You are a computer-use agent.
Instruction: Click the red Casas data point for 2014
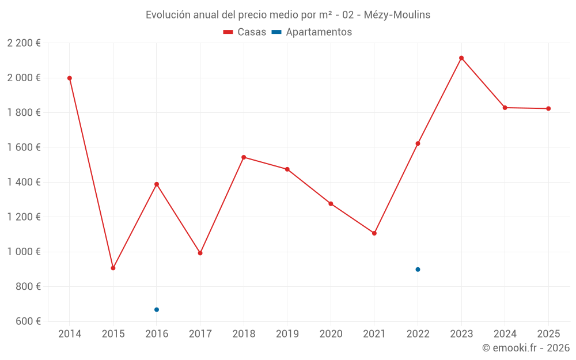tap(70, 78)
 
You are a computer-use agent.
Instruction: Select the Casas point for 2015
tap(113, 268)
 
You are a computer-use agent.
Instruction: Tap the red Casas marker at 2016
tap(157, 184)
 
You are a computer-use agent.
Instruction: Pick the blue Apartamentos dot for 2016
tap(157, 310)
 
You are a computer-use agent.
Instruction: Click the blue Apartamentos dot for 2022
tap(418, 270)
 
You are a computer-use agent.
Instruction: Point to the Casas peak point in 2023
tap(461, 58)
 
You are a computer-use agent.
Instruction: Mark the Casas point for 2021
tap(374, 233)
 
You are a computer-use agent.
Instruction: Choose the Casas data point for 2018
tap(244, 157)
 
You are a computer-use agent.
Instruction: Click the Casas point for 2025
tap(548, 108)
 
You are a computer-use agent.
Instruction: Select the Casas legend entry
tap(245, 32)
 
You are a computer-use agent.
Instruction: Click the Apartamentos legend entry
tap(312, 32)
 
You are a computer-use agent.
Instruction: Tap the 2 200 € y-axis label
tap(24, 43)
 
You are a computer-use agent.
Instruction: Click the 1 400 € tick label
tap(24, 182)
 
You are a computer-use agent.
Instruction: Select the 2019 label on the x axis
tap(287, 334)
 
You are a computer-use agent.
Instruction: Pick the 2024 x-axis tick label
tap(505, 334)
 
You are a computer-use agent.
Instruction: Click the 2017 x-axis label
tap(200, 334)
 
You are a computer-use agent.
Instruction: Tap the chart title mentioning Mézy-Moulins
tap(288, 14)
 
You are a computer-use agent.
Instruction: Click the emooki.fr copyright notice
tap(525, 348)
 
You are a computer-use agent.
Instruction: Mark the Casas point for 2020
tap(331, 203)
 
